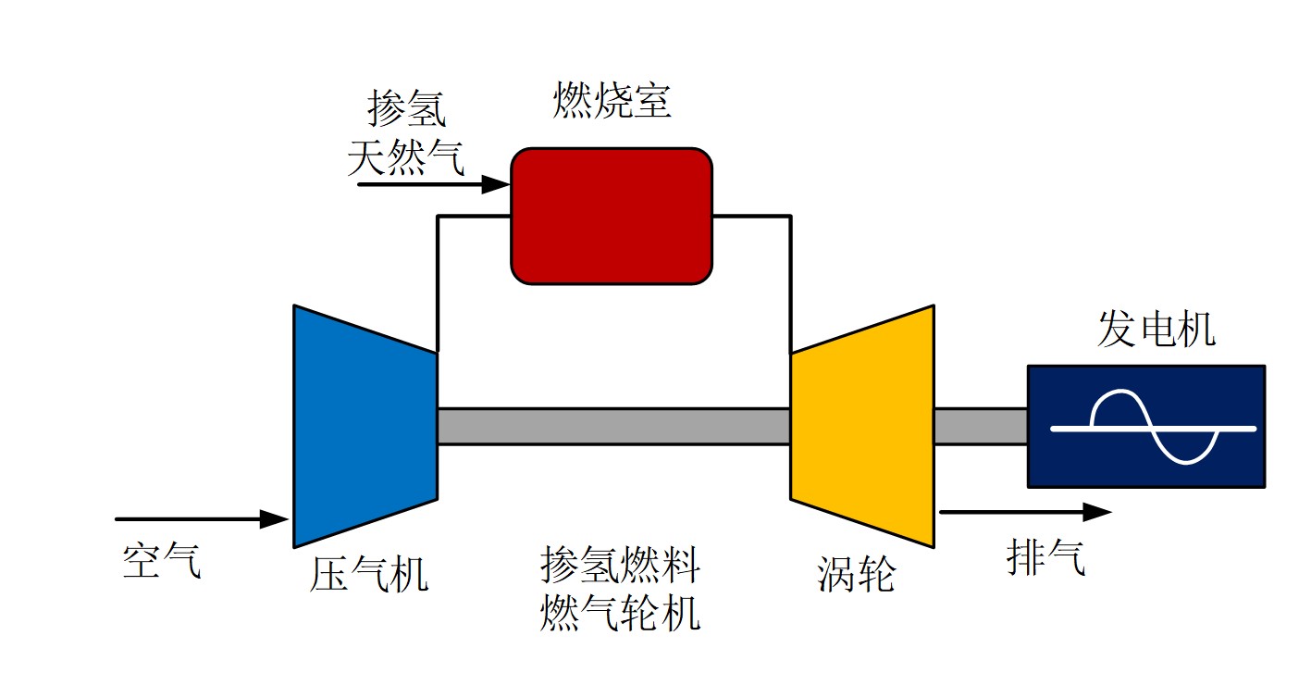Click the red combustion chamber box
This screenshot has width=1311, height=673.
click(612, 216)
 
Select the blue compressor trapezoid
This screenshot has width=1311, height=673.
click(365, 427)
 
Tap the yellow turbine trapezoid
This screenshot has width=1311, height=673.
click(862, 427)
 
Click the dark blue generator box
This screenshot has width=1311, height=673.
click(1146, 427)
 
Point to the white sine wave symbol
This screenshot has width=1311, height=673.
click(1153, 427)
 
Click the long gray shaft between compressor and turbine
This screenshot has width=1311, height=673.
click(614, 427)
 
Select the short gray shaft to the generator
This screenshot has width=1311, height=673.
click(981, 427)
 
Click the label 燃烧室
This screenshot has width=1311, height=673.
click(612, 100)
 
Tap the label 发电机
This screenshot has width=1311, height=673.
click(1156, 329)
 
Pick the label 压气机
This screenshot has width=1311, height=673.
click(369, 574)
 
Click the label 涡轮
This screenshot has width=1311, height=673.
click(856, 574)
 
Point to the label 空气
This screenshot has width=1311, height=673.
click(162, 560)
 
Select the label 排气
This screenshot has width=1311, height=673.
click(1045, 557)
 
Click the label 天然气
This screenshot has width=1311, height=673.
click(406, 157)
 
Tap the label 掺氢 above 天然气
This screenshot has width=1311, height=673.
click(407, 107)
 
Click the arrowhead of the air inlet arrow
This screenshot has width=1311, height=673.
click(274, 519)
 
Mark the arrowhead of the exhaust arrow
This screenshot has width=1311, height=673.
click(1097, 512)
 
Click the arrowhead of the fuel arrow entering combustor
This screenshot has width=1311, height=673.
click(496, 184)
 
